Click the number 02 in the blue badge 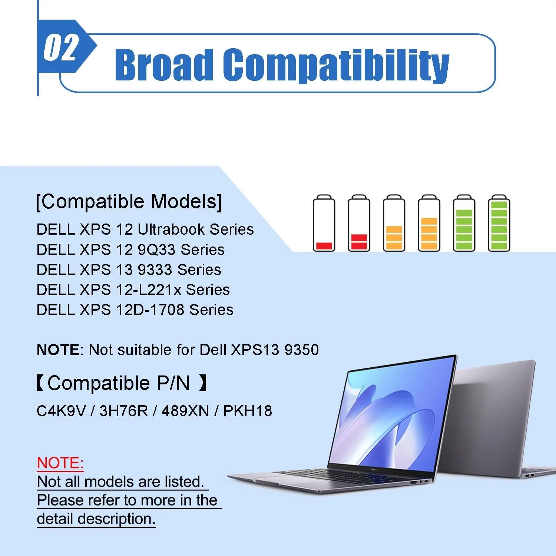pyautogui.click(x=61, y=47)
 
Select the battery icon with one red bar pyautogui.click(x=324, y=223)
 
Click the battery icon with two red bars pyautogui.click(x=359, y=223)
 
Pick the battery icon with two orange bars pyautogui.click(x=394, y=223)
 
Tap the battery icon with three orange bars pyautogui.click(x=429, y=223)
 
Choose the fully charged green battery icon pyautogui.click(x=499, y=223)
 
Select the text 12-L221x pyautogui.click(x=149, y=290)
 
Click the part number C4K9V pyautogui.click(x=61, y=411)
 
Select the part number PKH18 pyautogui.click(x=248, y=411)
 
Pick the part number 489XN pyautogui.click(x=185, y=411)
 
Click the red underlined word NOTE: pyautogui.click(x=60, y=463)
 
